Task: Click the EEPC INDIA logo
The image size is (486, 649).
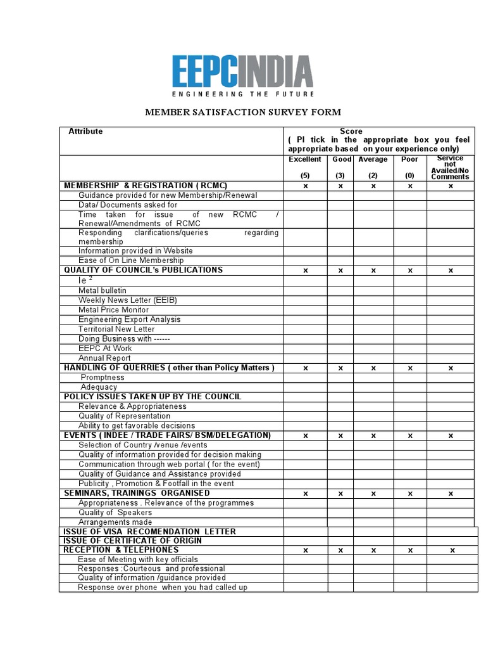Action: (242, 71)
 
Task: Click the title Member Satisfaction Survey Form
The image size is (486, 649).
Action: (243, 112)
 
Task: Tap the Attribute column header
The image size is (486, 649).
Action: (85, 131)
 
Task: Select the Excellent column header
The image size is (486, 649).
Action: (305, 160)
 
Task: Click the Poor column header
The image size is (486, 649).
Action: (409, 160)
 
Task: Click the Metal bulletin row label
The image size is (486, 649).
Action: (103, 290)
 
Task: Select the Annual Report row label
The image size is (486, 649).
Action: (104, 358)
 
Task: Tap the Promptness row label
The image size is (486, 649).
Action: (103, 378)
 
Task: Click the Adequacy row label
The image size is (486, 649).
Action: (99, 387)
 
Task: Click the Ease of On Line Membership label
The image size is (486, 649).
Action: (131, 260)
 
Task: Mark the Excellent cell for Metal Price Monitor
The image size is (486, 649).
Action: (305, 310)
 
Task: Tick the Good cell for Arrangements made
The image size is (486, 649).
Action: (340, 522)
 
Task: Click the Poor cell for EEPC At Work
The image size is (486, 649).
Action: (409, 349)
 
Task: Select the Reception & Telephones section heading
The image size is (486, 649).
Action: (121, 550)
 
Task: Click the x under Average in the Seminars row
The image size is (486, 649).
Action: (373, 494)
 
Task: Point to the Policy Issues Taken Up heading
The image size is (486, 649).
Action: (152, 397)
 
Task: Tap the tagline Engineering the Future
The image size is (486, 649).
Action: (242, 94)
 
